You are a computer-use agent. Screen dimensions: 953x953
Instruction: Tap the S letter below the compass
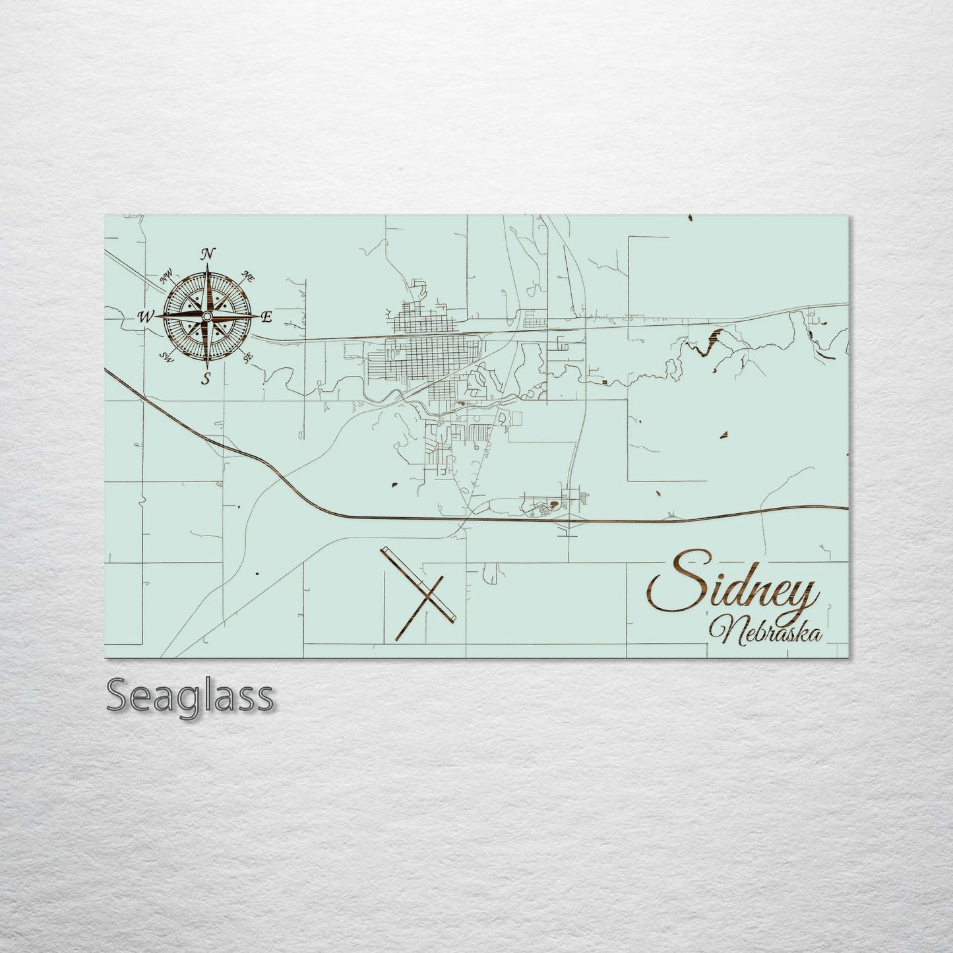[x=207, y=378]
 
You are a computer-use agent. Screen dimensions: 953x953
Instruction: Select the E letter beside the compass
[x=266, y=317]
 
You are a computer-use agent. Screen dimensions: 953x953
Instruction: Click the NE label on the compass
[x=249, y=277]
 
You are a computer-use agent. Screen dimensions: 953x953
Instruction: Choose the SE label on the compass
[x=248, y=358]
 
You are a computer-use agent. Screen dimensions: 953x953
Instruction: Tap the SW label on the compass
[x=167, y=357]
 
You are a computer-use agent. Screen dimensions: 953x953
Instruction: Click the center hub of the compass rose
[x=207, y=317]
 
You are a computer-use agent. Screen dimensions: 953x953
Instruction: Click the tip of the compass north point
[x=208, y=264]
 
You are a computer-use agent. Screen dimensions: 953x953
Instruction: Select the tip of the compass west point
[x=156, y=317]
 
